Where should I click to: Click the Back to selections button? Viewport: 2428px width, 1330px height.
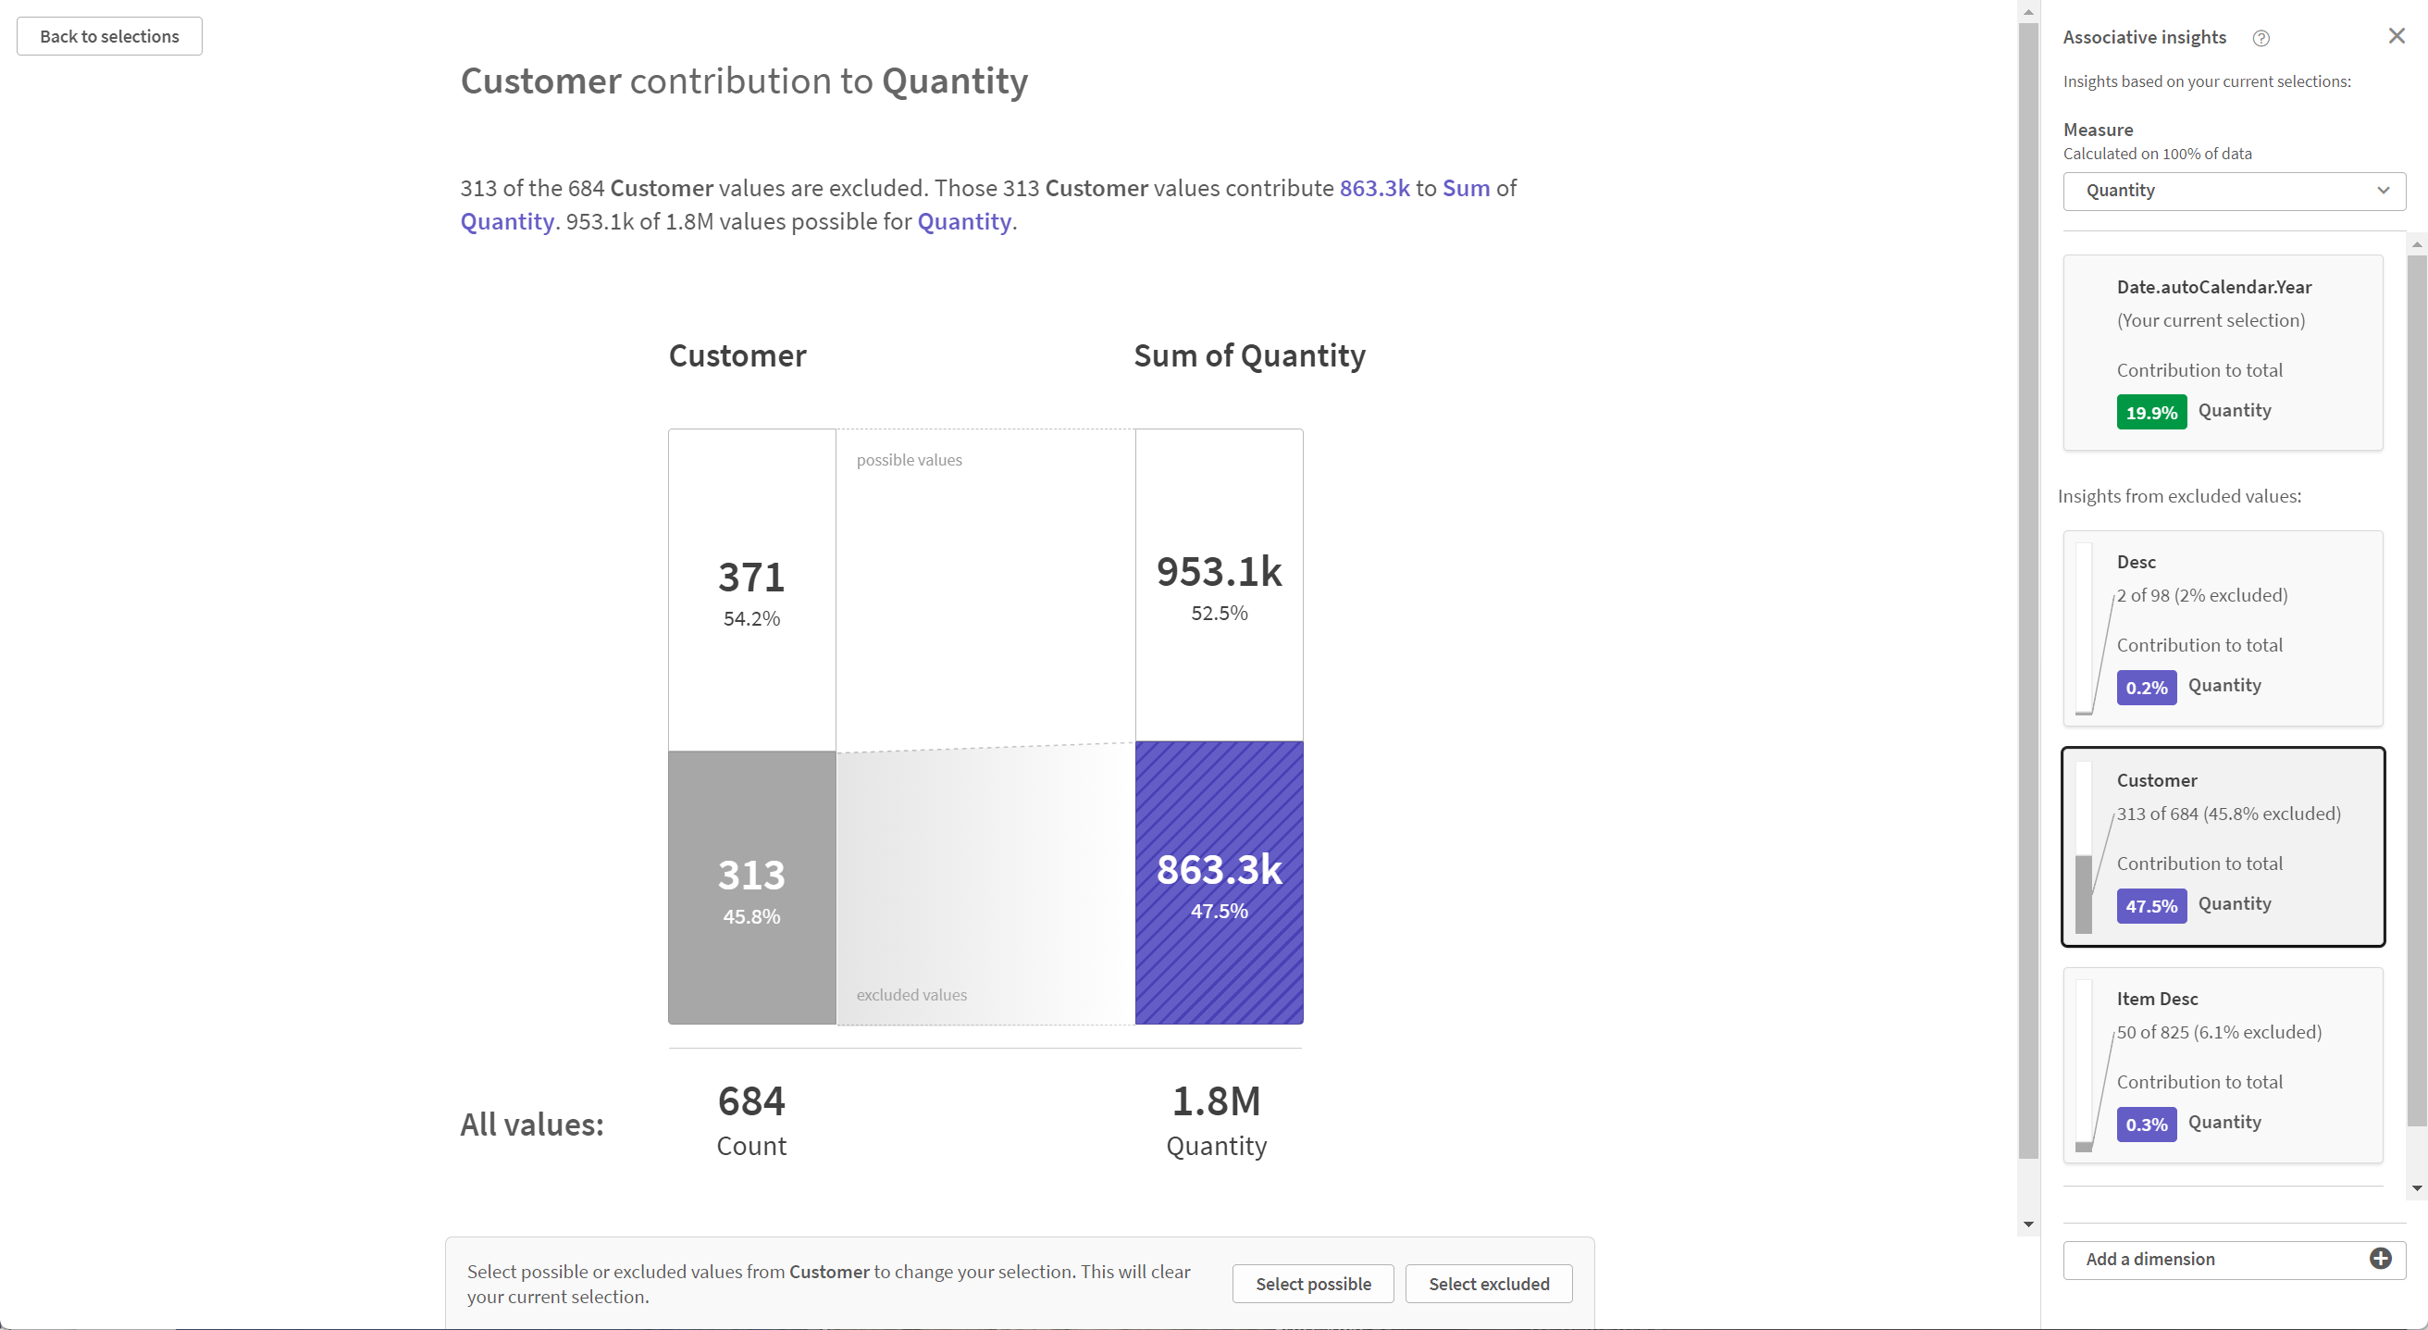tap(109, 37)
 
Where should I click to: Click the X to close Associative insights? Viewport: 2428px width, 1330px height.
tap(2396, 36)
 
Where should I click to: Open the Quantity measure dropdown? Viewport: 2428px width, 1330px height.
tap(2233, 191)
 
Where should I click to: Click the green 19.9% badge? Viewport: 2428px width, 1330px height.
tap(2151, 413)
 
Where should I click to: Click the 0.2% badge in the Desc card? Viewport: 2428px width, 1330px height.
tap(2145, 688)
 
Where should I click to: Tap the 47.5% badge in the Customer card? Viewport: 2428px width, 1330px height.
tap(2151, 907)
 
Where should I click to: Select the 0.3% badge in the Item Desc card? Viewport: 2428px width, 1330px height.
tap(2145, 1125)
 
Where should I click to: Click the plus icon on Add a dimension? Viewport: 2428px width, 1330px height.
tap(2380, 1260)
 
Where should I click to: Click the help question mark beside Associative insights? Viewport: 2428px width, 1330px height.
tap(2261, 39)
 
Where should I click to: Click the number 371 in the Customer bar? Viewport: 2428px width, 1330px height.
tap(751, 577)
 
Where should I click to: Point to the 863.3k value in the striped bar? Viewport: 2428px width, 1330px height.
tap(1219, 869)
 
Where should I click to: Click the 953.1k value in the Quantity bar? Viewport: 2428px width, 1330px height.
tap(1219, 571)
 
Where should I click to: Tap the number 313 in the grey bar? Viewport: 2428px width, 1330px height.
tap(751, 875)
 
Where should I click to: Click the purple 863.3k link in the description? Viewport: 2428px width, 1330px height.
tap(1374, 189)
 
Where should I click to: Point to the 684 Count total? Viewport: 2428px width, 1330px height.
tap(751, 1101)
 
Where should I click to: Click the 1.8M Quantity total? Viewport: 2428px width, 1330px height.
tap(1216, 1101)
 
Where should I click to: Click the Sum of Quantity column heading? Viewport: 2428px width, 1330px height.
tap(1249, 356)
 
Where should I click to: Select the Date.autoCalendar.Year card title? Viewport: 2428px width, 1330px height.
tap(2213, 288)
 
